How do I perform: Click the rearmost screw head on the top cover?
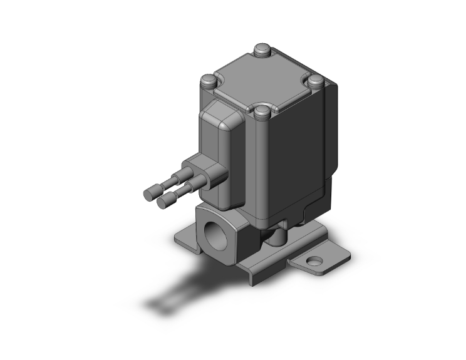[262, 49]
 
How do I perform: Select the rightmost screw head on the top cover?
[316, 80]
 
